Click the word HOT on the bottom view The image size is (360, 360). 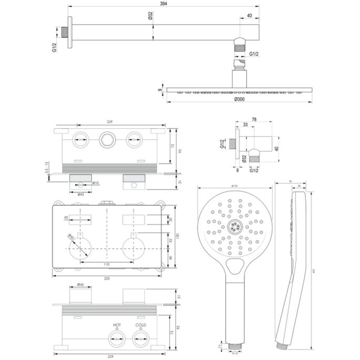pyautogui.click(x=117, y=325)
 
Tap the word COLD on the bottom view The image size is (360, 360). pyautogui.click(x=140, y=325)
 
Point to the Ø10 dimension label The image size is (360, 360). pyautogui.click(x=96, y=183)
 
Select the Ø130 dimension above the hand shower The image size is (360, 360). pyautogui.click(x=232, y=186)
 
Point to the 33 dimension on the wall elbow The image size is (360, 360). pyautogui.click(x=245, y=125)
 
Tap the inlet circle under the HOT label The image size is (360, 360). pyautogui.click(x=117, y=341)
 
